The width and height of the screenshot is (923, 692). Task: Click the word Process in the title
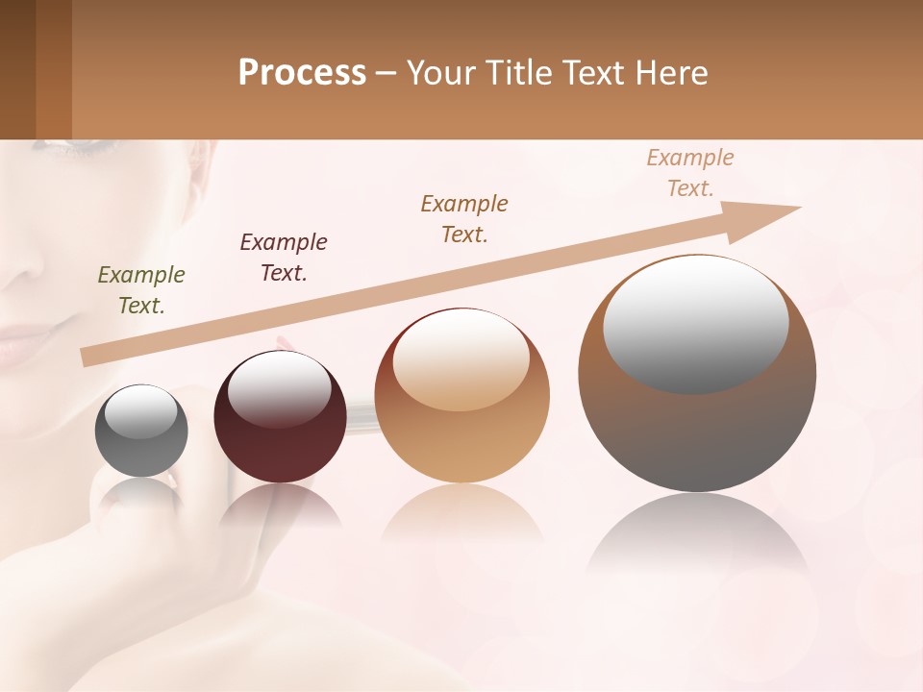click(x=302, y=73)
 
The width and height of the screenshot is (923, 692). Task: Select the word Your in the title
click(x=438, y=73)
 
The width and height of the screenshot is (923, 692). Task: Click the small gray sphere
click(x=141, y=432)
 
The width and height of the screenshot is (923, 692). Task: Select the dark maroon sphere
click(x=280, y=418)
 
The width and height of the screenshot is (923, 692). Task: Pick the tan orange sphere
click(x=461, y=396)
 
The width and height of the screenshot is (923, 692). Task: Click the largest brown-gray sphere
click(x=697, y=374)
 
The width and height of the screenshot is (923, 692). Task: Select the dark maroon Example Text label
click(x=284, y=258)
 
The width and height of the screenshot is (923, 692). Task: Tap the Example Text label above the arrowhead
click(x=690, y=173)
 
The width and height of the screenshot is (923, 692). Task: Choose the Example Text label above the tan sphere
click(x=464, y=219)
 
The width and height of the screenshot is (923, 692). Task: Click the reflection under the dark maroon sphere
click(x=280, y=506)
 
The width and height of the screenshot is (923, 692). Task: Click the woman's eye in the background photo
click(x=67, y=145)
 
